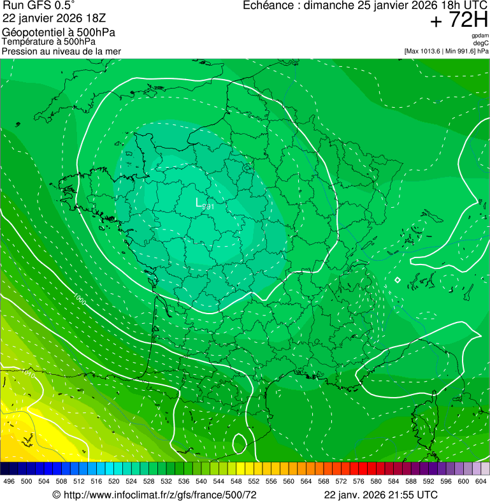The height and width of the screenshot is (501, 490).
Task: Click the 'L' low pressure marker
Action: (199, 203)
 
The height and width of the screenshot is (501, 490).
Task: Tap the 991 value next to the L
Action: (208, 206)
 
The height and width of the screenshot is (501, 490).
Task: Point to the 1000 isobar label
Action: (80, 298)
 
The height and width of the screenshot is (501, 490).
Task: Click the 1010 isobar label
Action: (29, 374)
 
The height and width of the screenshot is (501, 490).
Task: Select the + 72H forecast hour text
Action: (459, 20)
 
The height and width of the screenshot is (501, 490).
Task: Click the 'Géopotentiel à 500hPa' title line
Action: (59, 33)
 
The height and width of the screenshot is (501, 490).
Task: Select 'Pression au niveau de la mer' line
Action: (62, 51)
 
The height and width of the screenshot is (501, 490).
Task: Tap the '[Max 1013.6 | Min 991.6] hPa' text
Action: (446, 51)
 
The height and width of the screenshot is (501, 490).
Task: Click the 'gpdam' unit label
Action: (480, 36)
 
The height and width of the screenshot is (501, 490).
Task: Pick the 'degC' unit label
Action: (481, 43)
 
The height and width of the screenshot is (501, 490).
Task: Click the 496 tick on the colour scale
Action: (9, 481)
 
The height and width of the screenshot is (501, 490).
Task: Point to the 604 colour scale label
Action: (480, 481)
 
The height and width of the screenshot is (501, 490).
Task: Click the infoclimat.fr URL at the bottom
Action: (154, 495)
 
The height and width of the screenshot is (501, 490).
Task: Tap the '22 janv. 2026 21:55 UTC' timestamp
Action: (380, 495)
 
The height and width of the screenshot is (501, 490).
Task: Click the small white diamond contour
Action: (398, 280)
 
